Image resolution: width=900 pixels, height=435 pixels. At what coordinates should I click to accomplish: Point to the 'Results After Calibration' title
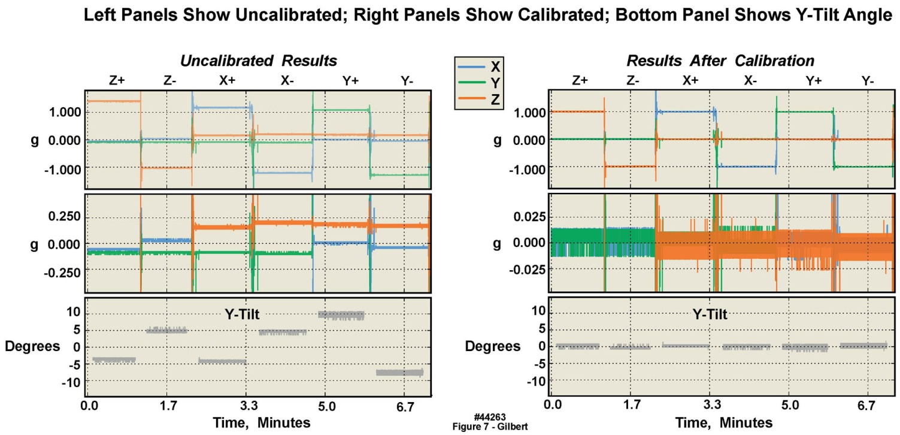(720, 61)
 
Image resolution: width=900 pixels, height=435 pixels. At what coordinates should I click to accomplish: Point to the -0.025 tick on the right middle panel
(519, 269)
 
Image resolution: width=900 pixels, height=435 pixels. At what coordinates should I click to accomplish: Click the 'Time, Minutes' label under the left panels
(262, 422)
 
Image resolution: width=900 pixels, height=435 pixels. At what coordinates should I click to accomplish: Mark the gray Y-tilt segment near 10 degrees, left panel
(341, 315)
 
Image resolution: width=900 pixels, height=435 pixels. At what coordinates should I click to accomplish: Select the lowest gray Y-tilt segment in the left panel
(399, 372)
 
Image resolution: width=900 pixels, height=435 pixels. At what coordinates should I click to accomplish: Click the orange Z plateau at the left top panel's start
(113, 101)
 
